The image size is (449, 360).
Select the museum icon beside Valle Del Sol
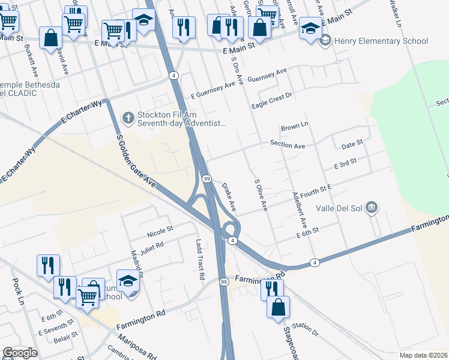click(x=372, y=208)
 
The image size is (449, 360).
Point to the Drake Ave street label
click(x=229, y=197)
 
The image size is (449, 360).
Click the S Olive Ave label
click(x=261, y=194)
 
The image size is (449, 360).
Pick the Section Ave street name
click(x=288, y=145)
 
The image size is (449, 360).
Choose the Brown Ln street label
click(x=294, y=127)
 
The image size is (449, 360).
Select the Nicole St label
click(x=160, y=229)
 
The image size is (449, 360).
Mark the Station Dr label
click(x=306, y=328)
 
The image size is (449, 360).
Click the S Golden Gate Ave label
click(x=136, y=162)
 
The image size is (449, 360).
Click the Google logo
click(x=20, y=352)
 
